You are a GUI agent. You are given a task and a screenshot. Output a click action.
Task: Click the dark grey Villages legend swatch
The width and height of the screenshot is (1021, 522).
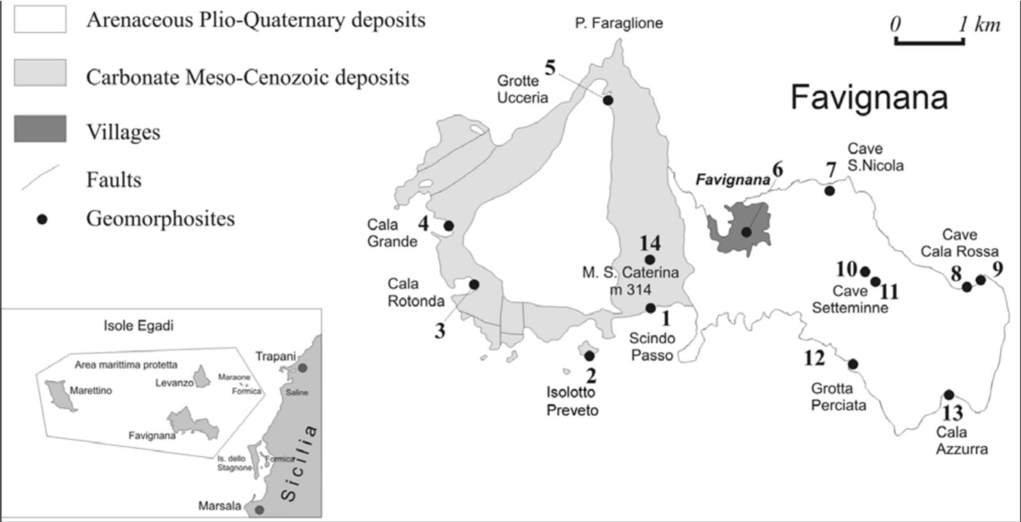[40, 128]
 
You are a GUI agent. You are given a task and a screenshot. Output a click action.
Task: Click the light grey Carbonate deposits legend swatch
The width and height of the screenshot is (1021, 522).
[40, 72]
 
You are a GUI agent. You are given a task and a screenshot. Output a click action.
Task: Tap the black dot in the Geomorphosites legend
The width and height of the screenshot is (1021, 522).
[42, 219]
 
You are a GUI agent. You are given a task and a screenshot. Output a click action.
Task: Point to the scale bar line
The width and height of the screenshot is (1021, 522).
[929, 43]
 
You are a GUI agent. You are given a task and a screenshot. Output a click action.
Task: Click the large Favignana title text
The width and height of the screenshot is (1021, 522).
[868, 98]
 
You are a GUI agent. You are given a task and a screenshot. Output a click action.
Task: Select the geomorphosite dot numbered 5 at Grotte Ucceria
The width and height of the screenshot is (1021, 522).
[608, 100]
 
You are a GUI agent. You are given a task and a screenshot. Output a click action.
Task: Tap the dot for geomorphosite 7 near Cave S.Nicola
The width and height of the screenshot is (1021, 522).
[830, 190]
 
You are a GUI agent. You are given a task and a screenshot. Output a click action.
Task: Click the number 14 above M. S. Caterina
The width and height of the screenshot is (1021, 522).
[650, 243]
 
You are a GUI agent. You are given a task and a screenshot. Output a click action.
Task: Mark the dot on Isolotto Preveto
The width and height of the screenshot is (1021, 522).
[589, 356]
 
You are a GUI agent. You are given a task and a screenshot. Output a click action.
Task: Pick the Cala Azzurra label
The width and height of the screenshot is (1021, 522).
[961, 440]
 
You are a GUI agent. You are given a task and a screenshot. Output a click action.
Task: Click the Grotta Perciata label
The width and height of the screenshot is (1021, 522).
[838, 397]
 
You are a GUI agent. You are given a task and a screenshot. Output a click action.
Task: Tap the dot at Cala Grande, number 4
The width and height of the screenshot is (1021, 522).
[449, 226]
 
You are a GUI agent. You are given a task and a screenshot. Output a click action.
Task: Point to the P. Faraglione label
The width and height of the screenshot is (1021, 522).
[618, 24]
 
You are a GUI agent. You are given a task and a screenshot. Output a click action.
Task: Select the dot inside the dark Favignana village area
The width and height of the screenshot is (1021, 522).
[746, 232]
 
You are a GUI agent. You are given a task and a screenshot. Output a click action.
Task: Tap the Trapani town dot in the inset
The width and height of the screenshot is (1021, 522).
[302, 368]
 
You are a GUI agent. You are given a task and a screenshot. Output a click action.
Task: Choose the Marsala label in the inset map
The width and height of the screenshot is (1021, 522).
[220, 506]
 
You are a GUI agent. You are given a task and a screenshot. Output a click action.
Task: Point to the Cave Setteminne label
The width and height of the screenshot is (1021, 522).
[849, 299]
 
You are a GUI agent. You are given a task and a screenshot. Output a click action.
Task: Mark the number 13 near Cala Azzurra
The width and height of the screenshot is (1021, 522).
[952, 413]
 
